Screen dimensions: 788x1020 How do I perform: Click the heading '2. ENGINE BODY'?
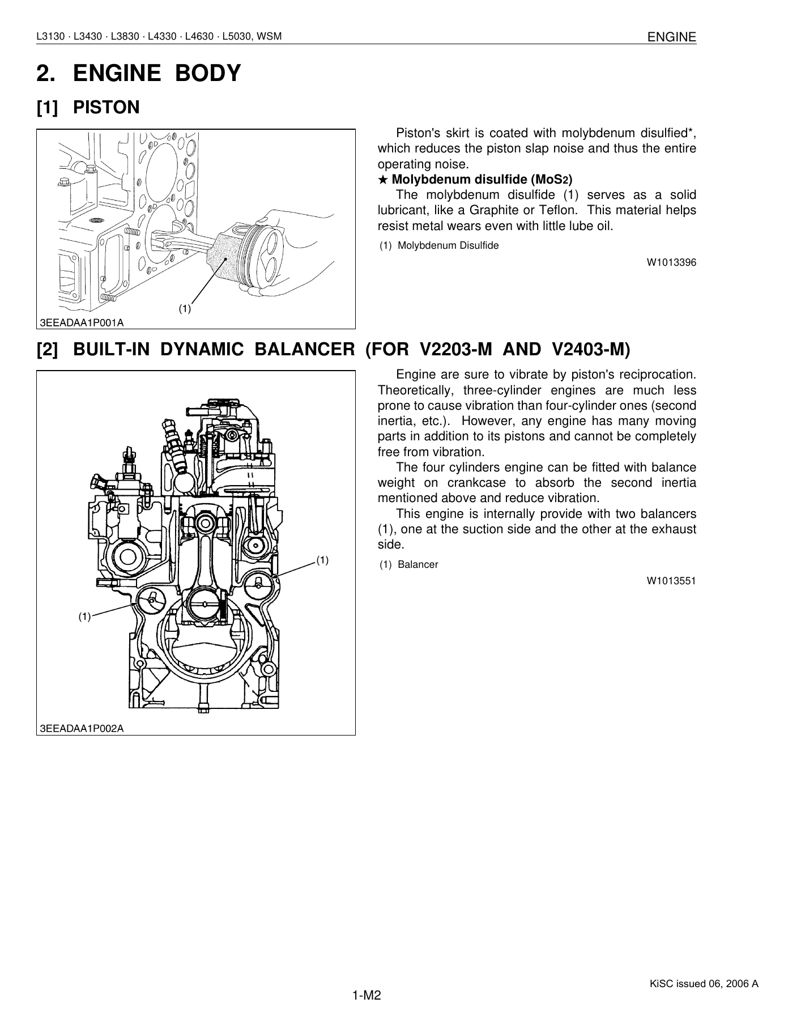coord(139,74)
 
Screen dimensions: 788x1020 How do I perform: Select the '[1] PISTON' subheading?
coord(88,107)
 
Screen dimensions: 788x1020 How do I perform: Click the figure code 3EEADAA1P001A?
coord(82,322)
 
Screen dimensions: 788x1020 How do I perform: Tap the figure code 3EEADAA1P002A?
coord(82,728)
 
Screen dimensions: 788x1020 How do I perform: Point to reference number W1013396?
coord(672,262)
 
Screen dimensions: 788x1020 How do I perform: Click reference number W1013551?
coord(672,581)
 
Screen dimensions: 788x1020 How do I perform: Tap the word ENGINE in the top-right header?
coord(672,37)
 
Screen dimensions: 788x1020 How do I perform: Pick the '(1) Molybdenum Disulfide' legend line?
coord(439,246)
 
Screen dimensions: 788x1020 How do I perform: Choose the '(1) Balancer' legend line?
coord(408,565)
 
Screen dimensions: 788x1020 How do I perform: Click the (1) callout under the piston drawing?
coord(185,309)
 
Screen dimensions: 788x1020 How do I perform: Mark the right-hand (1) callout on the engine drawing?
coord(322,560)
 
